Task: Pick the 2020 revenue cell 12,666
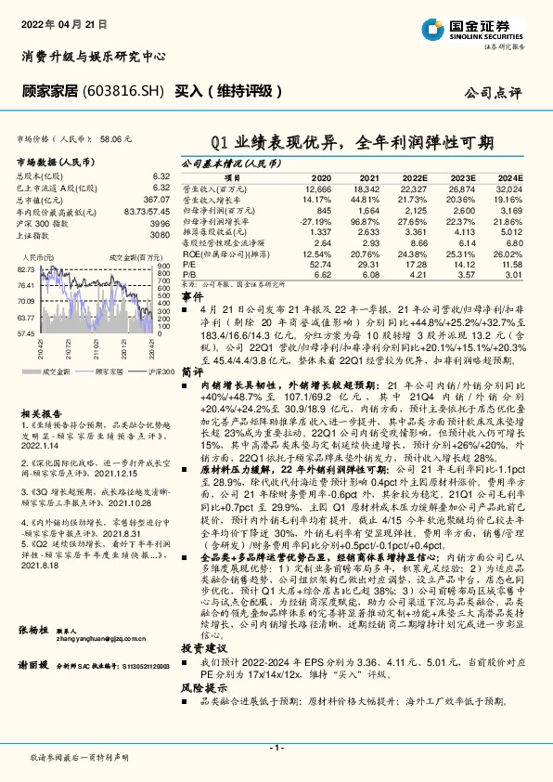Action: pyautogui.click(x=316, y=188)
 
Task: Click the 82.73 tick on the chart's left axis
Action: pyautogui.click(x=26, y=268)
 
